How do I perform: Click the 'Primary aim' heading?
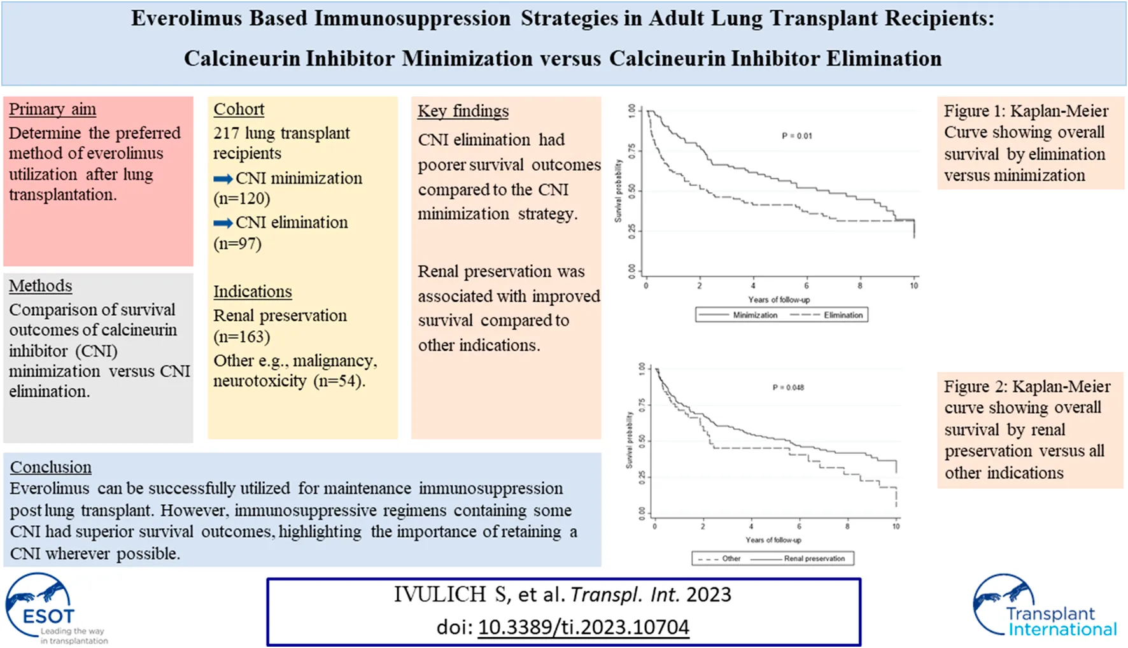tap(52, 109)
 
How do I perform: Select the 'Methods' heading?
tap(40, 286)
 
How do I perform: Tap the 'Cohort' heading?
tap(239, 109)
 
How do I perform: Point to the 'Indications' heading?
tap(252, 292)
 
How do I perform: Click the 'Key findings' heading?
tap(463, 111)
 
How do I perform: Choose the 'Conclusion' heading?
tap(50, 467)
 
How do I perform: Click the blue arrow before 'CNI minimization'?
tap(223, 179)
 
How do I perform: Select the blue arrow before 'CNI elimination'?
tap(223, 223)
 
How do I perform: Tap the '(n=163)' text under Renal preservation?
tap(242, 337)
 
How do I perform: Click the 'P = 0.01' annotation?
tap(796, 136)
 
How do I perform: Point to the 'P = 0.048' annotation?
tap(788, 388)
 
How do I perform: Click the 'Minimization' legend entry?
tap(754, 315)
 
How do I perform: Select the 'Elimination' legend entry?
tap(843, 315)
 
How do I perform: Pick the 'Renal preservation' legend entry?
tap(814, 559)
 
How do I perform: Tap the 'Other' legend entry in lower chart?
tap(731, 559)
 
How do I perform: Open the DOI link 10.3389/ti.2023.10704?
tap(583, 628)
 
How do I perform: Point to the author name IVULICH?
tap(440, 595)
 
